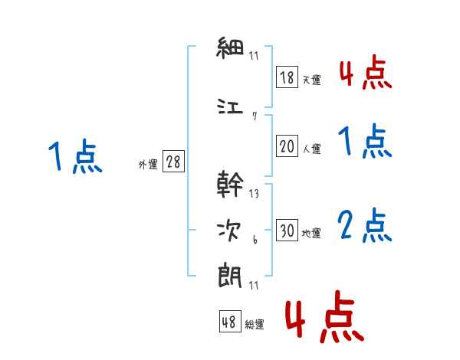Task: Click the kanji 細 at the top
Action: tap(230, 47)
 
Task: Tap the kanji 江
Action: tap(230, 106)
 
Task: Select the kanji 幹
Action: tap(230, 184)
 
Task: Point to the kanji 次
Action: tap(229, 231)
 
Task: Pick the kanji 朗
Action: tap(230, 277)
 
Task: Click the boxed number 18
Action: tap(287, 77)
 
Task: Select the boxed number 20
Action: tap(287, 146)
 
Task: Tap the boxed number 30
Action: tap(287, 230)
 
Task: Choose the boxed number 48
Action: tap(230, 321)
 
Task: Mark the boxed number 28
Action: tap(173, 161)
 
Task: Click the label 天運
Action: tap(311, 80)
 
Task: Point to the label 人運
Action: tap(312, 149)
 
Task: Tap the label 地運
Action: tap(311, 233)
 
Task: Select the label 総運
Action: tap(255, 324)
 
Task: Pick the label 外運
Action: tap(148, 164)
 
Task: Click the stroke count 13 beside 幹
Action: tap(254, 194)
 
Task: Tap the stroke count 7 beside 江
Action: tap(255, 116)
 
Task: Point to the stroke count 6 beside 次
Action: tap(255, 240)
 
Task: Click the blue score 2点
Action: tap(364, 225)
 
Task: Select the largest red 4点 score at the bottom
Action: tap(324, 316)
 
